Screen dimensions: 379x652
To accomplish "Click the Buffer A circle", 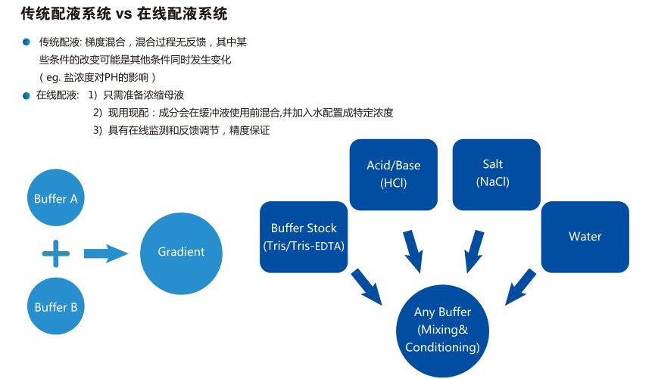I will pos(56,200).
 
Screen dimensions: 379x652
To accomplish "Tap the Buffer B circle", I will pos(56,307).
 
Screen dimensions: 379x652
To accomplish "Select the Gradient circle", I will pos(181,252).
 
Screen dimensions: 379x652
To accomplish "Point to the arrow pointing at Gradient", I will pos(105,253).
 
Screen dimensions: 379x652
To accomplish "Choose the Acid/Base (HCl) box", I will pos(393,174).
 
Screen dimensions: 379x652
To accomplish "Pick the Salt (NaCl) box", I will pos(492,173).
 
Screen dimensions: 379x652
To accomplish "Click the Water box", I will pos(585,237).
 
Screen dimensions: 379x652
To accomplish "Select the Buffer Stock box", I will pos(304,237).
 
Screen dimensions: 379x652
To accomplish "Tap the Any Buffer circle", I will pos(442,330).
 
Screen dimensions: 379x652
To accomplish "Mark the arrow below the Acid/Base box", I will pos(413,250).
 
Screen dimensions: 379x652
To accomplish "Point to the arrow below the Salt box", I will pos(473,250).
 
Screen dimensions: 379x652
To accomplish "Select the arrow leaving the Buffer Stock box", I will pos(367,287).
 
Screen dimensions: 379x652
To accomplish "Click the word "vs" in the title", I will pos(124,14).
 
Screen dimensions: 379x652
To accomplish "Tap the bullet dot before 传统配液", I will pos(26,42).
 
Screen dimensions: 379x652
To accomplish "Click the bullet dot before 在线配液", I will pos(26,95).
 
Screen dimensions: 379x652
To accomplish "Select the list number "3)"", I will pos(98,130).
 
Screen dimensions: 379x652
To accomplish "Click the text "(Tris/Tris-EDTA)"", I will pos(304,247).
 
